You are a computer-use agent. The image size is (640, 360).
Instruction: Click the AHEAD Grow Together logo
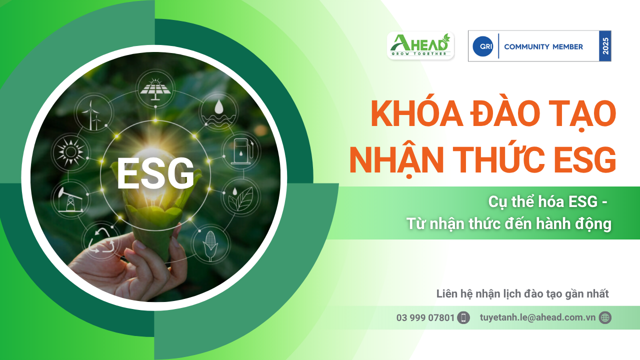tap(420, 45)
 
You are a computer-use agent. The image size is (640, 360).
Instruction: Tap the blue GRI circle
tap(483, 46)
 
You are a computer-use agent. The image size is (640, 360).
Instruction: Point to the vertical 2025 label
tap(605, 46)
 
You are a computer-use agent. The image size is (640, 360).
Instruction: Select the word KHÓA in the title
tap(416, 113)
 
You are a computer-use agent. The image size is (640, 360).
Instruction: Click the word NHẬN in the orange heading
tap(396, 159)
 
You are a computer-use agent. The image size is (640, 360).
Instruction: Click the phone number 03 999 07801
tap(425, 317)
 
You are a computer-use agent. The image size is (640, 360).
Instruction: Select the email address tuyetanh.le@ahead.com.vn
tap(537, 317)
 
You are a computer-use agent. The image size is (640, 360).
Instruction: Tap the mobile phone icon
tap(463, 317)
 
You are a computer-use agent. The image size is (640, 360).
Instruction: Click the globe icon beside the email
tap(605, 317)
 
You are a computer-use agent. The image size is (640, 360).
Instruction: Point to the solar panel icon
tap(155, 88)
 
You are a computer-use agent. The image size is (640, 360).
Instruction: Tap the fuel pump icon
tap(241, 151)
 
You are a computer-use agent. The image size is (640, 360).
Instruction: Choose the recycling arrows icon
tap(101, 240)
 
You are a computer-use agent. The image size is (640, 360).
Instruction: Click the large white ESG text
tap(155, 173)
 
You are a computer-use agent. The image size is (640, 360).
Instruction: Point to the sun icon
tap(70, 152)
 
